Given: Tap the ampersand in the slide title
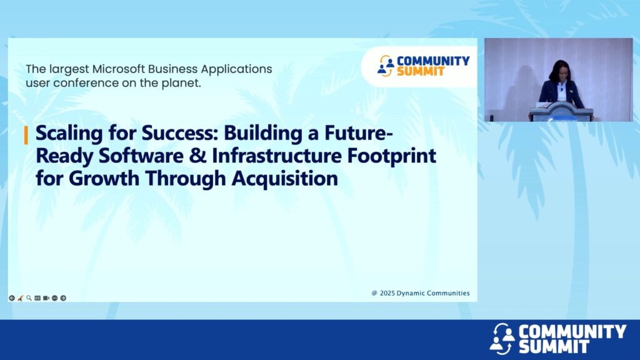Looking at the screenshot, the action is [198, 156].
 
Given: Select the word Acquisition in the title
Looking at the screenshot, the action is [285, 179].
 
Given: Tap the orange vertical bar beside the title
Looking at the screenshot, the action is [26, 135].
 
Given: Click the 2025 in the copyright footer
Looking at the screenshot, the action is [387, 293].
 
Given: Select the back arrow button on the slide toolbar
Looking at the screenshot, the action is [12, 298].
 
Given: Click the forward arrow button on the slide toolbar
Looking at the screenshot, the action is [63, 298].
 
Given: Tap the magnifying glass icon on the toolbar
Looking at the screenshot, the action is [29, 298].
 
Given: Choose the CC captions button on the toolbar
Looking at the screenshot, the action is [37, 298].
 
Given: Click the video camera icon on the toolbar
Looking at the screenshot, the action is [46, 298].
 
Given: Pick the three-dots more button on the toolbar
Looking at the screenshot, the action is [55, 298].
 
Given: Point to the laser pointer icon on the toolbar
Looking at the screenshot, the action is [21, 298].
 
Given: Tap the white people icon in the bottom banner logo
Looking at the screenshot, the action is [502, 339].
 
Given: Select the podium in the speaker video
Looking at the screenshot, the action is [561, 111].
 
